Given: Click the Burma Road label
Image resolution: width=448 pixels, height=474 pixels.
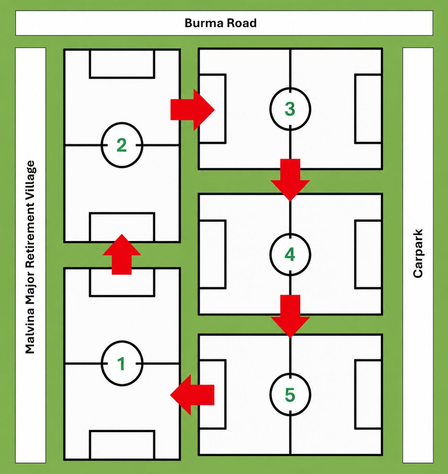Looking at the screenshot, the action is click(x=221, y=23).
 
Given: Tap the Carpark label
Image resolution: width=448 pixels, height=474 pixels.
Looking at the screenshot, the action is click(x=417, y=253).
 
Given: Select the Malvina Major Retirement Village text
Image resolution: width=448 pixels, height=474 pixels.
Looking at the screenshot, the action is click(x=31, y=257).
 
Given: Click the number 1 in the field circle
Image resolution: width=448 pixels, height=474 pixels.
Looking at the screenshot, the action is click(x=122, y=364).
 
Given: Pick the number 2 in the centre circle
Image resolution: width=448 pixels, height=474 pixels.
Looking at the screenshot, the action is click(x=122, y=145).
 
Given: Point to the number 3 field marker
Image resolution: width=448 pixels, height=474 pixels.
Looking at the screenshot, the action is click(x=290, y=109).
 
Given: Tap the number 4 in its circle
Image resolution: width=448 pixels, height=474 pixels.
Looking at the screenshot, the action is click(x=290, y=254).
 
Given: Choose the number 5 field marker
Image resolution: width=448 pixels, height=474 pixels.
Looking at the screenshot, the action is click(x=290, y=395).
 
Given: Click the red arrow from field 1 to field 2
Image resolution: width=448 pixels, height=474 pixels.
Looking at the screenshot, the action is click(x=122, y=254).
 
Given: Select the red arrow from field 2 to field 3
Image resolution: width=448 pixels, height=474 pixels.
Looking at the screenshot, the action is click(x=193, y=110).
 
